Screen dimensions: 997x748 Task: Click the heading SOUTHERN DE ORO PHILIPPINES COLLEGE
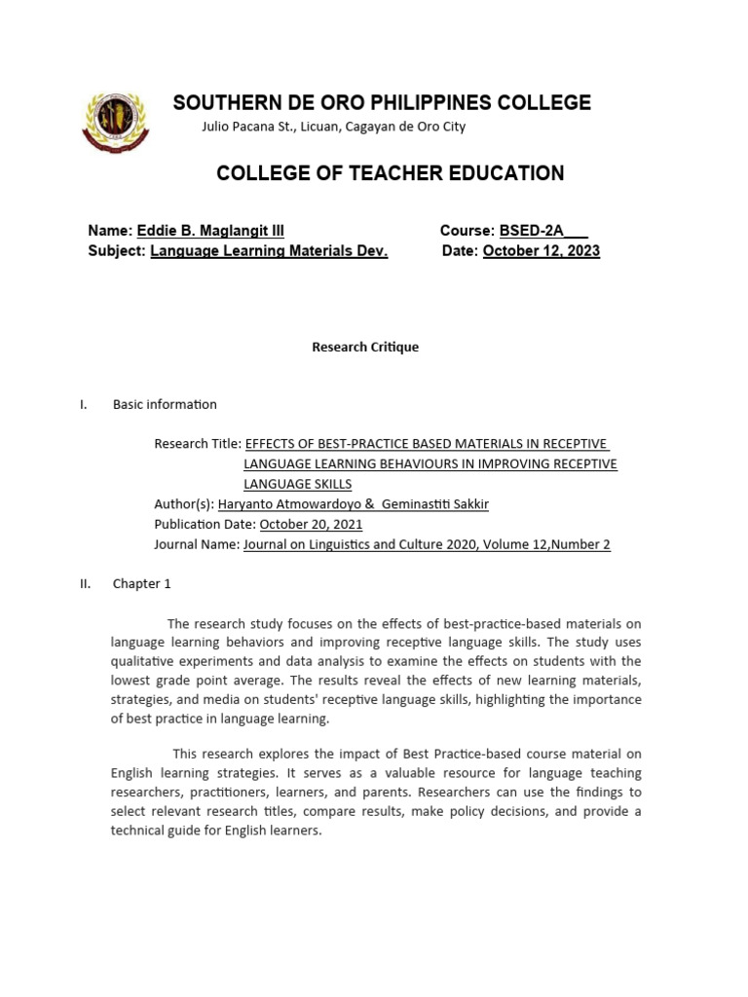[382, 102]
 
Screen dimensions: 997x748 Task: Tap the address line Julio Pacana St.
[333, 127]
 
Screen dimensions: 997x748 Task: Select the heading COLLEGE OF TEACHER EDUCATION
[390, 173]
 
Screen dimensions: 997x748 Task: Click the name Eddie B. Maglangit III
[210, 231]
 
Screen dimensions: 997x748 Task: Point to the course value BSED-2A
[532, 231]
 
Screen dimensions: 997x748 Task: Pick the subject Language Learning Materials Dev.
[269, 251]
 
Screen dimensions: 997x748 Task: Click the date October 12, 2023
[542, 251]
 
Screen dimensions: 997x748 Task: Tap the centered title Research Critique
[365, 347]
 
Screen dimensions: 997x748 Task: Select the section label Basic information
[165, 404]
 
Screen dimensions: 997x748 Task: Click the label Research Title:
[198, 444]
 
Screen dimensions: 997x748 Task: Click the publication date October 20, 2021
[311, 525]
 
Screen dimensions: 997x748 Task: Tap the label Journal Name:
[197, 545]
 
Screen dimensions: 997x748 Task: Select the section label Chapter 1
[141, 584]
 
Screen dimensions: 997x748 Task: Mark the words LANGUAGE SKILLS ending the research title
[297, 484]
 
